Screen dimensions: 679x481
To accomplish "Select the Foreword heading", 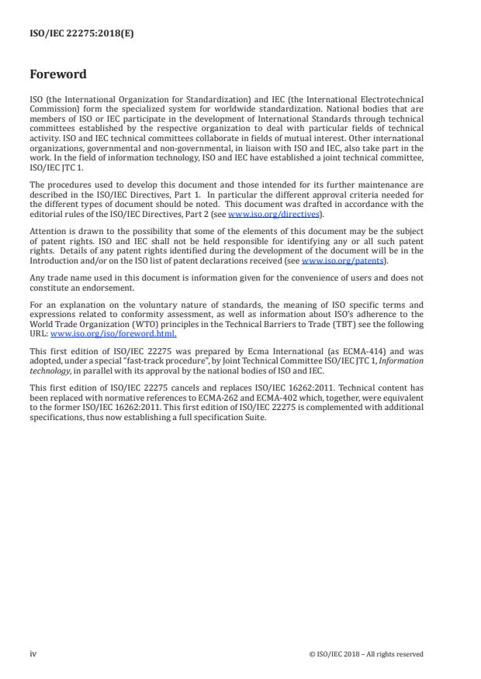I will tap(59, 74).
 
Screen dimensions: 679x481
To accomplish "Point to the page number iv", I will tap(33, 653).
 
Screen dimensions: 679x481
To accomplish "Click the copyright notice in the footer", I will tap(365, 654).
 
